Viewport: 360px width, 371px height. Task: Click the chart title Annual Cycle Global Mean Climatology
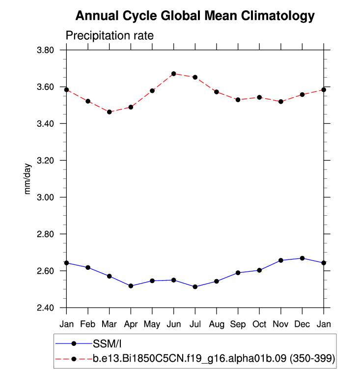pyautogui.click(x=194, y=16)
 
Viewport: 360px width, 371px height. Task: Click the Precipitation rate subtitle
pyautogui.click(x=110, y=36)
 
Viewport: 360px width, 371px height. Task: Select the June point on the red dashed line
pyautogui.click(x=173, y=74)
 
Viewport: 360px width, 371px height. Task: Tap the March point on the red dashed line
pyautogui.click(x=109, y=112)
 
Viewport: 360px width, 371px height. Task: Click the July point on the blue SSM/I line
pyautogui.click(x=195, y=286)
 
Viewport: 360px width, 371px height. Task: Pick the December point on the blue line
pyautogui.click(x=302, y=258)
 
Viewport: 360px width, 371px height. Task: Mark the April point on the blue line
pyautogui.click(x=131, y=285)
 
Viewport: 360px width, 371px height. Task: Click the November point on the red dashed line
pyautogui.click(x=281, y=101)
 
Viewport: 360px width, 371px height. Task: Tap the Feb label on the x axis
pyautogui.click(x=88, y=324)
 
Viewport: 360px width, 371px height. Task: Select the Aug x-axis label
pyautogui.click(x=217, y=324)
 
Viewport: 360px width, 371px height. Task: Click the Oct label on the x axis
pyautogui.click(x=259, y=324)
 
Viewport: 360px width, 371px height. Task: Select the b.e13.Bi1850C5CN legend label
pyautogui.click(x=214, y=359)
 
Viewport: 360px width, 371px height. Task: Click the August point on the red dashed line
pyautogui.click(x=217, y=92)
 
